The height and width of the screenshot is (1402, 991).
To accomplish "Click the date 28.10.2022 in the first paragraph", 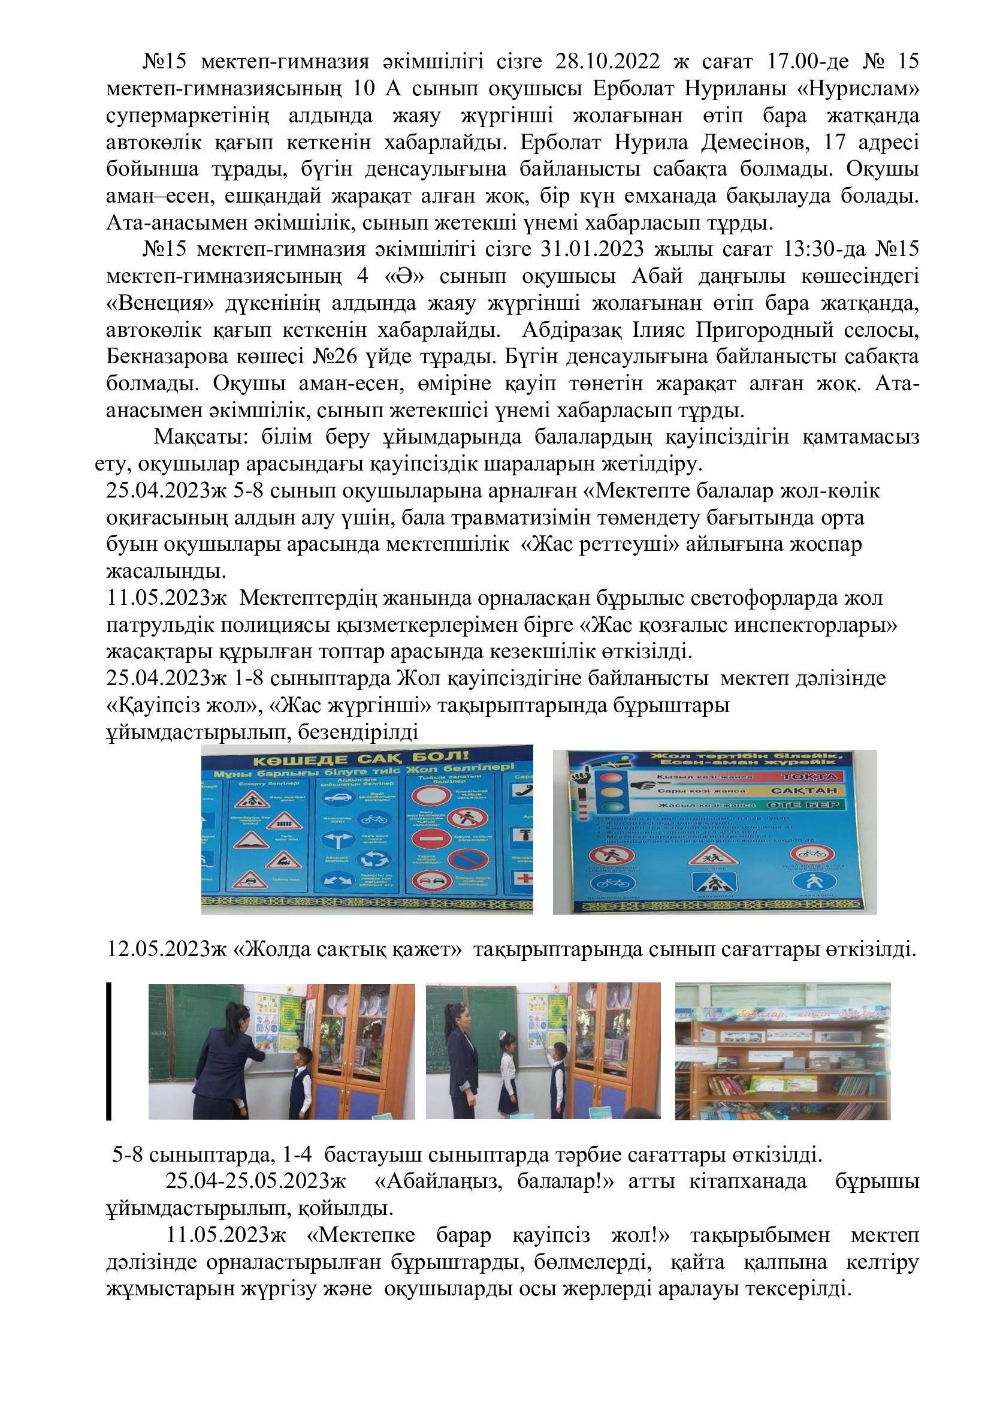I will (x=610, y=62).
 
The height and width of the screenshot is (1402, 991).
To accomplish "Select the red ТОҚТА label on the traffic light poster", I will (x=811, y=777).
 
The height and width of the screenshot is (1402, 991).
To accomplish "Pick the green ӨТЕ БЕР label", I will (x=811, y=805).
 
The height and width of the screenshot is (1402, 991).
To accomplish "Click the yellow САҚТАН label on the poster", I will (x=811, y=791).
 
